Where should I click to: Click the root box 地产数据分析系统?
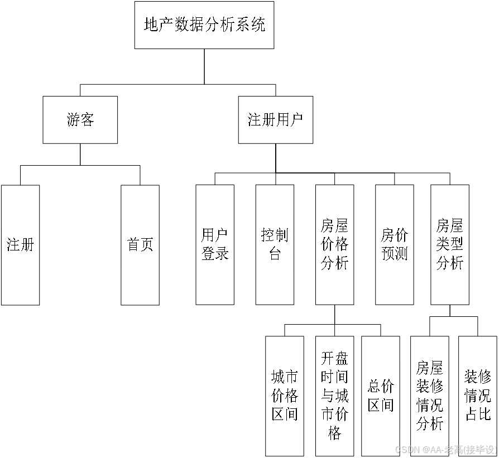[204, 25]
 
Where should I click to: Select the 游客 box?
[80, 120]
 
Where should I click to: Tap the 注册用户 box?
[275, 120]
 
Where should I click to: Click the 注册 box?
[20, 245]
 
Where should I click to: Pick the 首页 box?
[140, 245]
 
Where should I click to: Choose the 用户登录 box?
[215, 245]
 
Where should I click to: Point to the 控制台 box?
[275, 245]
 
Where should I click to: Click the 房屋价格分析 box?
[334, 245]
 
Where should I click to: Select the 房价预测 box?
[395, 245]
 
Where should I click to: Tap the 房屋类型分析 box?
[450, 245]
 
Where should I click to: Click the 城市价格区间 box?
[285, 396]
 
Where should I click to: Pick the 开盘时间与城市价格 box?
[334, 396]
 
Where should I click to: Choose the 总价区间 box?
[381, 396]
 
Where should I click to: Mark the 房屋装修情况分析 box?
[429, 396]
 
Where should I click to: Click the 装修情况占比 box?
[478, 396]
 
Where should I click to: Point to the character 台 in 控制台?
[275, 254]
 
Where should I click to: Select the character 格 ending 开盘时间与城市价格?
[334, 433]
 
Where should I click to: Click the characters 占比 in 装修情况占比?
[478, 414]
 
